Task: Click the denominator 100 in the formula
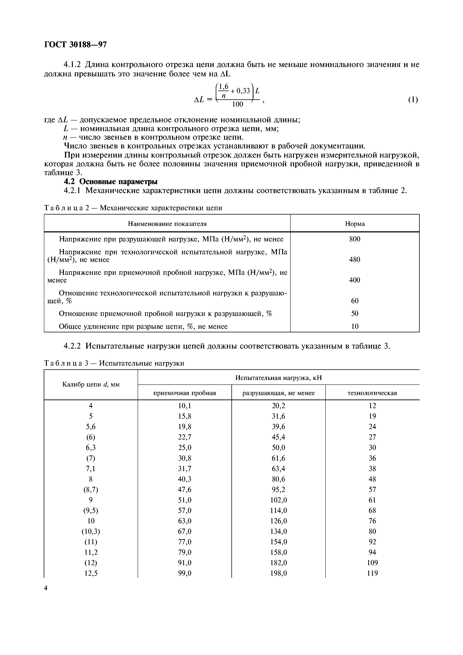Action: (237, 104)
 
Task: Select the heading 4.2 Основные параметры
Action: (110, 181)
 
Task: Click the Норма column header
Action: (355, 224)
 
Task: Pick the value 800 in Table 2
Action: (355, 239)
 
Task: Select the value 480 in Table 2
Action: (355, 260)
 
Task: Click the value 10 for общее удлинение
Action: (355, 326)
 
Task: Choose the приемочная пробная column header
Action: (185, 393)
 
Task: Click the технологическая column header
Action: (372, 393)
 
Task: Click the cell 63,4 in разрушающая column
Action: (278, 469)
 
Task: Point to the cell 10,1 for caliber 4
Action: (185, 406)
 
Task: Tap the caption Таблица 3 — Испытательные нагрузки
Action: (114, 363)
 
